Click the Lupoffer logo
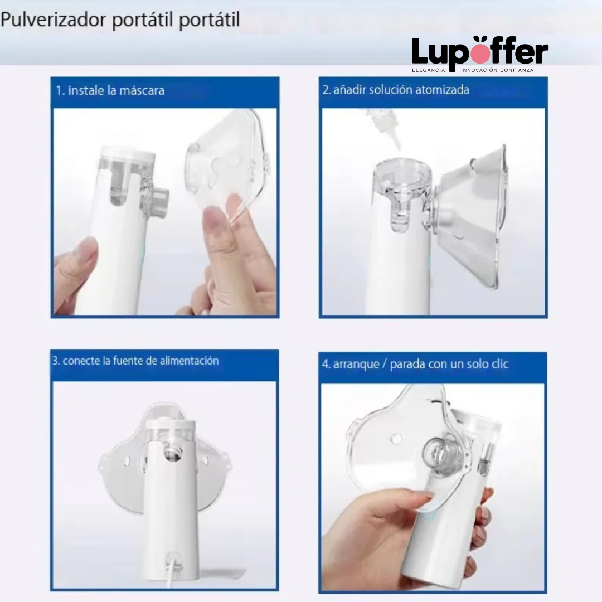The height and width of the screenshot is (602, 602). [x=480, y=51]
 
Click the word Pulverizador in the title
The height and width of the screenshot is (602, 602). [x=53, y=20]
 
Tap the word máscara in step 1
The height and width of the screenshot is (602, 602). [x=143, y=90]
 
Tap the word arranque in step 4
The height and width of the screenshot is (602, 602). [x=357, y=365]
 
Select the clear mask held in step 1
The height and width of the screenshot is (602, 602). [x=229, y=162]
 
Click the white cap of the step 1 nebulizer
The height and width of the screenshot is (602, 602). [x=127, y=154]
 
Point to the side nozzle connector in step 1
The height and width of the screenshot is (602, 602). [x=156, y=201]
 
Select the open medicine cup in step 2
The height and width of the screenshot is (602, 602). [x=401, y=178]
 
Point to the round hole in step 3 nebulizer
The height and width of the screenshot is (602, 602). [x=172, y=455]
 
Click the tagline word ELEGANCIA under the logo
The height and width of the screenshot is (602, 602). [x=428, y=70]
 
